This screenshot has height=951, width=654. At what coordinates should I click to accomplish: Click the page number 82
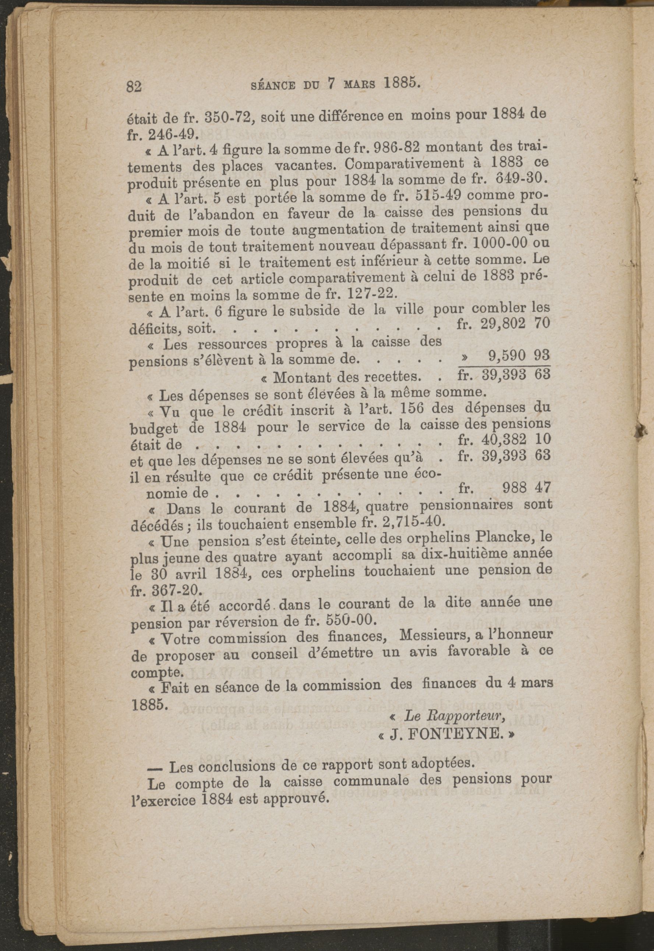(x=134, y=87)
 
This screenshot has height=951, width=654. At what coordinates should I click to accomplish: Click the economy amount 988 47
(x=526, y=487)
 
